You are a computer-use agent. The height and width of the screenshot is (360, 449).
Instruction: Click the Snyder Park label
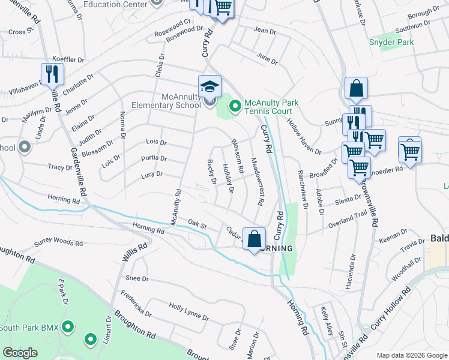pyautogui.click(x=391, y=43)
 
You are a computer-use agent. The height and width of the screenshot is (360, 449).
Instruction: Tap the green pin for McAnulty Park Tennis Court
pyautogui.click(x=235, y=107)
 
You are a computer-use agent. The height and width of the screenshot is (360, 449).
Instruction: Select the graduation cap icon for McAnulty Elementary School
pyautogui.click(x=210, y=87)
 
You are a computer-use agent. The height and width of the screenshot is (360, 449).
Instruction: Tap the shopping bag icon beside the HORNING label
pyautogui.click(x=254, y=239)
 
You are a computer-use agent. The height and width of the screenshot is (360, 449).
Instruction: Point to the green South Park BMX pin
pyautogui.click(x=68, y=327)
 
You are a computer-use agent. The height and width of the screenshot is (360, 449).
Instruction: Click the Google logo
pyautogui.click(x=20, y=353)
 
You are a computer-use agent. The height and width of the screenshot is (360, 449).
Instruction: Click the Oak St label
pyautogui.click(x=197, y=224)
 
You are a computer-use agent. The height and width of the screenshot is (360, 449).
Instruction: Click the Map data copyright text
pyautogui.click(x=411, y=355)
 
